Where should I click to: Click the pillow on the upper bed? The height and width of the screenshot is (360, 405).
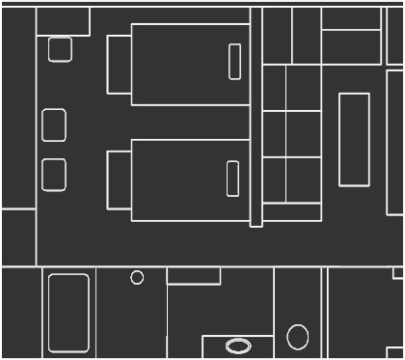234,62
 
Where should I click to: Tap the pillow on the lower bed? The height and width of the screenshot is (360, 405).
232,179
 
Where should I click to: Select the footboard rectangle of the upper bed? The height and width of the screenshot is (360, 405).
119,64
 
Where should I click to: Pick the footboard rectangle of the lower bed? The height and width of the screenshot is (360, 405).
120,179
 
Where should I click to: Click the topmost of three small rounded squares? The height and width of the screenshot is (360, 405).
60,49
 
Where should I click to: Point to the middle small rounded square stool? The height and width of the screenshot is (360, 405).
54,125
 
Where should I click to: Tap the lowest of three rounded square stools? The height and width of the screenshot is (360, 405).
54,174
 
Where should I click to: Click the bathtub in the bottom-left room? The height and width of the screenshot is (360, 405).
68,312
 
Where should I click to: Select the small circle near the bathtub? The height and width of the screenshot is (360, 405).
137,277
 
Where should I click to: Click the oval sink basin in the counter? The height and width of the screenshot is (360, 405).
237,346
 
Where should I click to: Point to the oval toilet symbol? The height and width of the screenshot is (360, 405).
298,337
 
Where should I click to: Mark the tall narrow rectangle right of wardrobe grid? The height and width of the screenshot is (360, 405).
354,139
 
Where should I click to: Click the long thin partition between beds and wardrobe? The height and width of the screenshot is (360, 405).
256,116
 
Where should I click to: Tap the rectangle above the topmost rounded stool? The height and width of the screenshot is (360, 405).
63,21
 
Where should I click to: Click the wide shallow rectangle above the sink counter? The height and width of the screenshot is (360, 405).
194,276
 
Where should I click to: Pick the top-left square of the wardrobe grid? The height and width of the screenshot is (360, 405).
275,88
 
